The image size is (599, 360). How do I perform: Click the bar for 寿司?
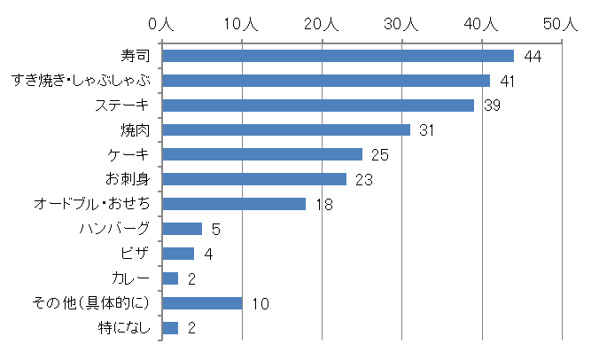coord(338,56)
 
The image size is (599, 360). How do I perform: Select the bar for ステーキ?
coord(318,106)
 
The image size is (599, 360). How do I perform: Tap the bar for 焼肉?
coord(286,130)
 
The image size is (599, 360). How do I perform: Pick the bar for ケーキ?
coord(262,154)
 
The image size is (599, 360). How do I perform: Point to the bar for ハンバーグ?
coord(183,229)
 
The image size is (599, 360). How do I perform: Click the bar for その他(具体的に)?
coord(202,303)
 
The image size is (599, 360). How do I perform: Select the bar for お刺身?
coord(254,179)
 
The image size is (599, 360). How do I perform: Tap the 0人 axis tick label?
coord(162,25)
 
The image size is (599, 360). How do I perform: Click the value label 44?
coord(533,57)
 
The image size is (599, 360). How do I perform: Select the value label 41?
coord(509,82)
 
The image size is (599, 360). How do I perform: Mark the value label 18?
coord(324,205)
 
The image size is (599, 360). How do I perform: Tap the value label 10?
coord(260,304)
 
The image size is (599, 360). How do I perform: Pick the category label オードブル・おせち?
coord(91,204)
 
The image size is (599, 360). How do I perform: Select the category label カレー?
coord(131,278)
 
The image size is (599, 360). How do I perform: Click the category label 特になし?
coord(124,328)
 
